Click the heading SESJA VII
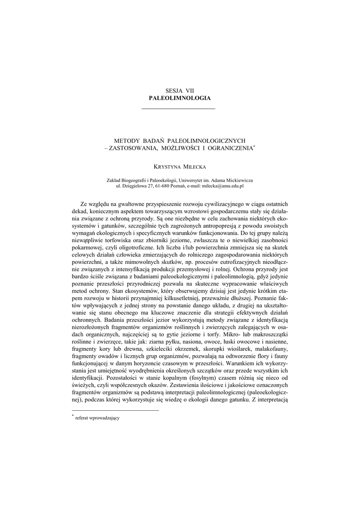coord(180,91)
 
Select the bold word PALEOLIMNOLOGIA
coord(180,98)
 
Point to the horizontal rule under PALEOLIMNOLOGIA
coord(179,109)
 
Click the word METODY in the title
coord(129,141)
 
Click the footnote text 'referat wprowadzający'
coord(97,418)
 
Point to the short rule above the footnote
coord(115,410)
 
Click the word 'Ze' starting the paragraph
coord(84,203)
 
